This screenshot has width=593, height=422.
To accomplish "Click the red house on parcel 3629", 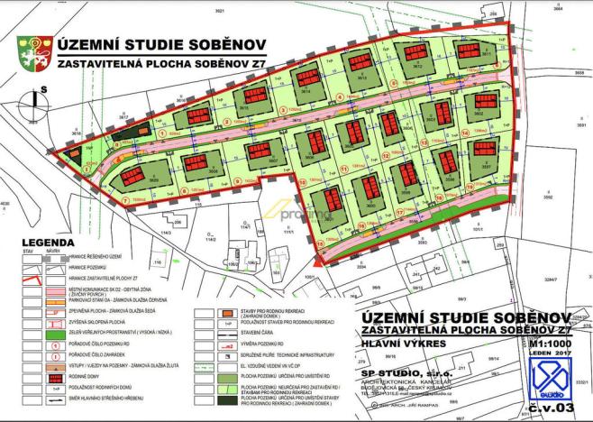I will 133,174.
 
